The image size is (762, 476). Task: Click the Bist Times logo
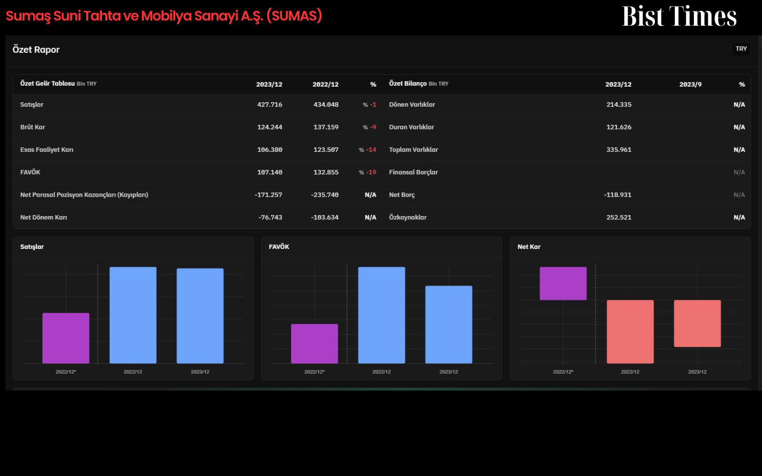[x=679, y=16]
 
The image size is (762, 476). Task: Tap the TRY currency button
[x=741, y=49]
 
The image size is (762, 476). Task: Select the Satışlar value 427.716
[x=270, y=105]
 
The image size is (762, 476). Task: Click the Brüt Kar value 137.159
[x=326, y=127]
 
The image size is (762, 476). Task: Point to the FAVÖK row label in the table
[x=30, y=172]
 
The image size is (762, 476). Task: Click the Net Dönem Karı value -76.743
[x=270, y=217]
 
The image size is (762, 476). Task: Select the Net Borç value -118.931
[x=617, y=195]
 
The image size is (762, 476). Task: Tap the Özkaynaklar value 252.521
[x=619, y=217]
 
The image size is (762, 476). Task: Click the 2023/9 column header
[x=690, y=84]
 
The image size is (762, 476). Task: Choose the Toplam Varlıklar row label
[x=413, y=149]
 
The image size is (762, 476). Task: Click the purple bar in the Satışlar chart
[x=66, y=338]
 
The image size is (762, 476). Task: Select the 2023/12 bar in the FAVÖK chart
[x=449, y=325]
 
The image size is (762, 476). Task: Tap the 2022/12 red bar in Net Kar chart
[x=630, y=332]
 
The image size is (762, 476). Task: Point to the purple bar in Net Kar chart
[x=563, y=284]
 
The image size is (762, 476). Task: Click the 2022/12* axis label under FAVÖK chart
[x=314, y=372]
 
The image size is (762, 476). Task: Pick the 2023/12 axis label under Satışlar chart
[x=200, y=372]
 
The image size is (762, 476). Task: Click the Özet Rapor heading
[x=36, y=50]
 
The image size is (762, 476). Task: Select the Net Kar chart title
[x=529, y=247]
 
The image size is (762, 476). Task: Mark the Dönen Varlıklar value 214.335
[x=619, y=105]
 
